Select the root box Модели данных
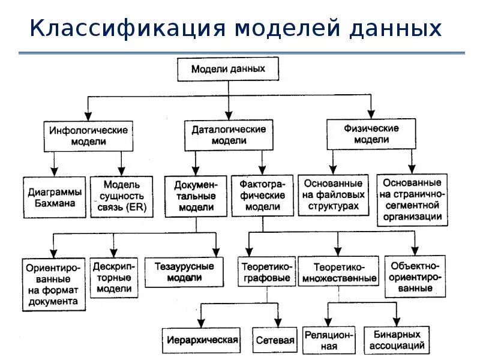pyautogui.click(x=228, y=68)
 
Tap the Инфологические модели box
pyautogui.click(x=88, y=136)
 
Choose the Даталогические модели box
pyautogui.click(x=228, y=134)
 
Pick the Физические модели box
pyautogui.click(x=371, y=134)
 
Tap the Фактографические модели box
pyautogui.click(x=262, y=195)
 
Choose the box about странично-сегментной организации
pyautogui.click(x=412, y=200)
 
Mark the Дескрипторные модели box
pyautogui.click(x=114, y=277)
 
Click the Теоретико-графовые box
pyautogui.click(x=267, y=271)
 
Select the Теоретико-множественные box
pyautogui.click(x=339, y=272)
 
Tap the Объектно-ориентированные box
pyautogui.click(x=414, y=276)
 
